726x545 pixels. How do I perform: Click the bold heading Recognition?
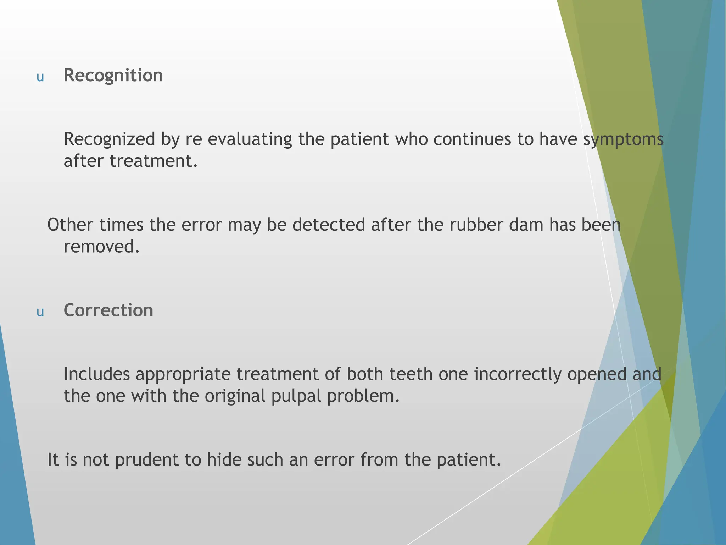click(113, 76)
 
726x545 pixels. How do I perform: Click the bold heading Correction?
click(108, 310)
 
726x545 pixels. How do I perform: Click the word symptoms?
click(623, 139)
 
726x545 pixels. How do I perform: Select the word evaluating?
click(250, 139)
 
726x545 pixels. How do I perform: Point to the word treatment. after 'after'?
click(153, 161)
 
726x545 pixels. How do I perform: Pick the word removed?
click(101, 247)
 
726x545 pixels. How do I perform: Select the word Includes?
click(97, 374)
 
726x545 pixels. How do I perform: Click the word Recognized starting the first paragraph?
click(109, 139)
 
